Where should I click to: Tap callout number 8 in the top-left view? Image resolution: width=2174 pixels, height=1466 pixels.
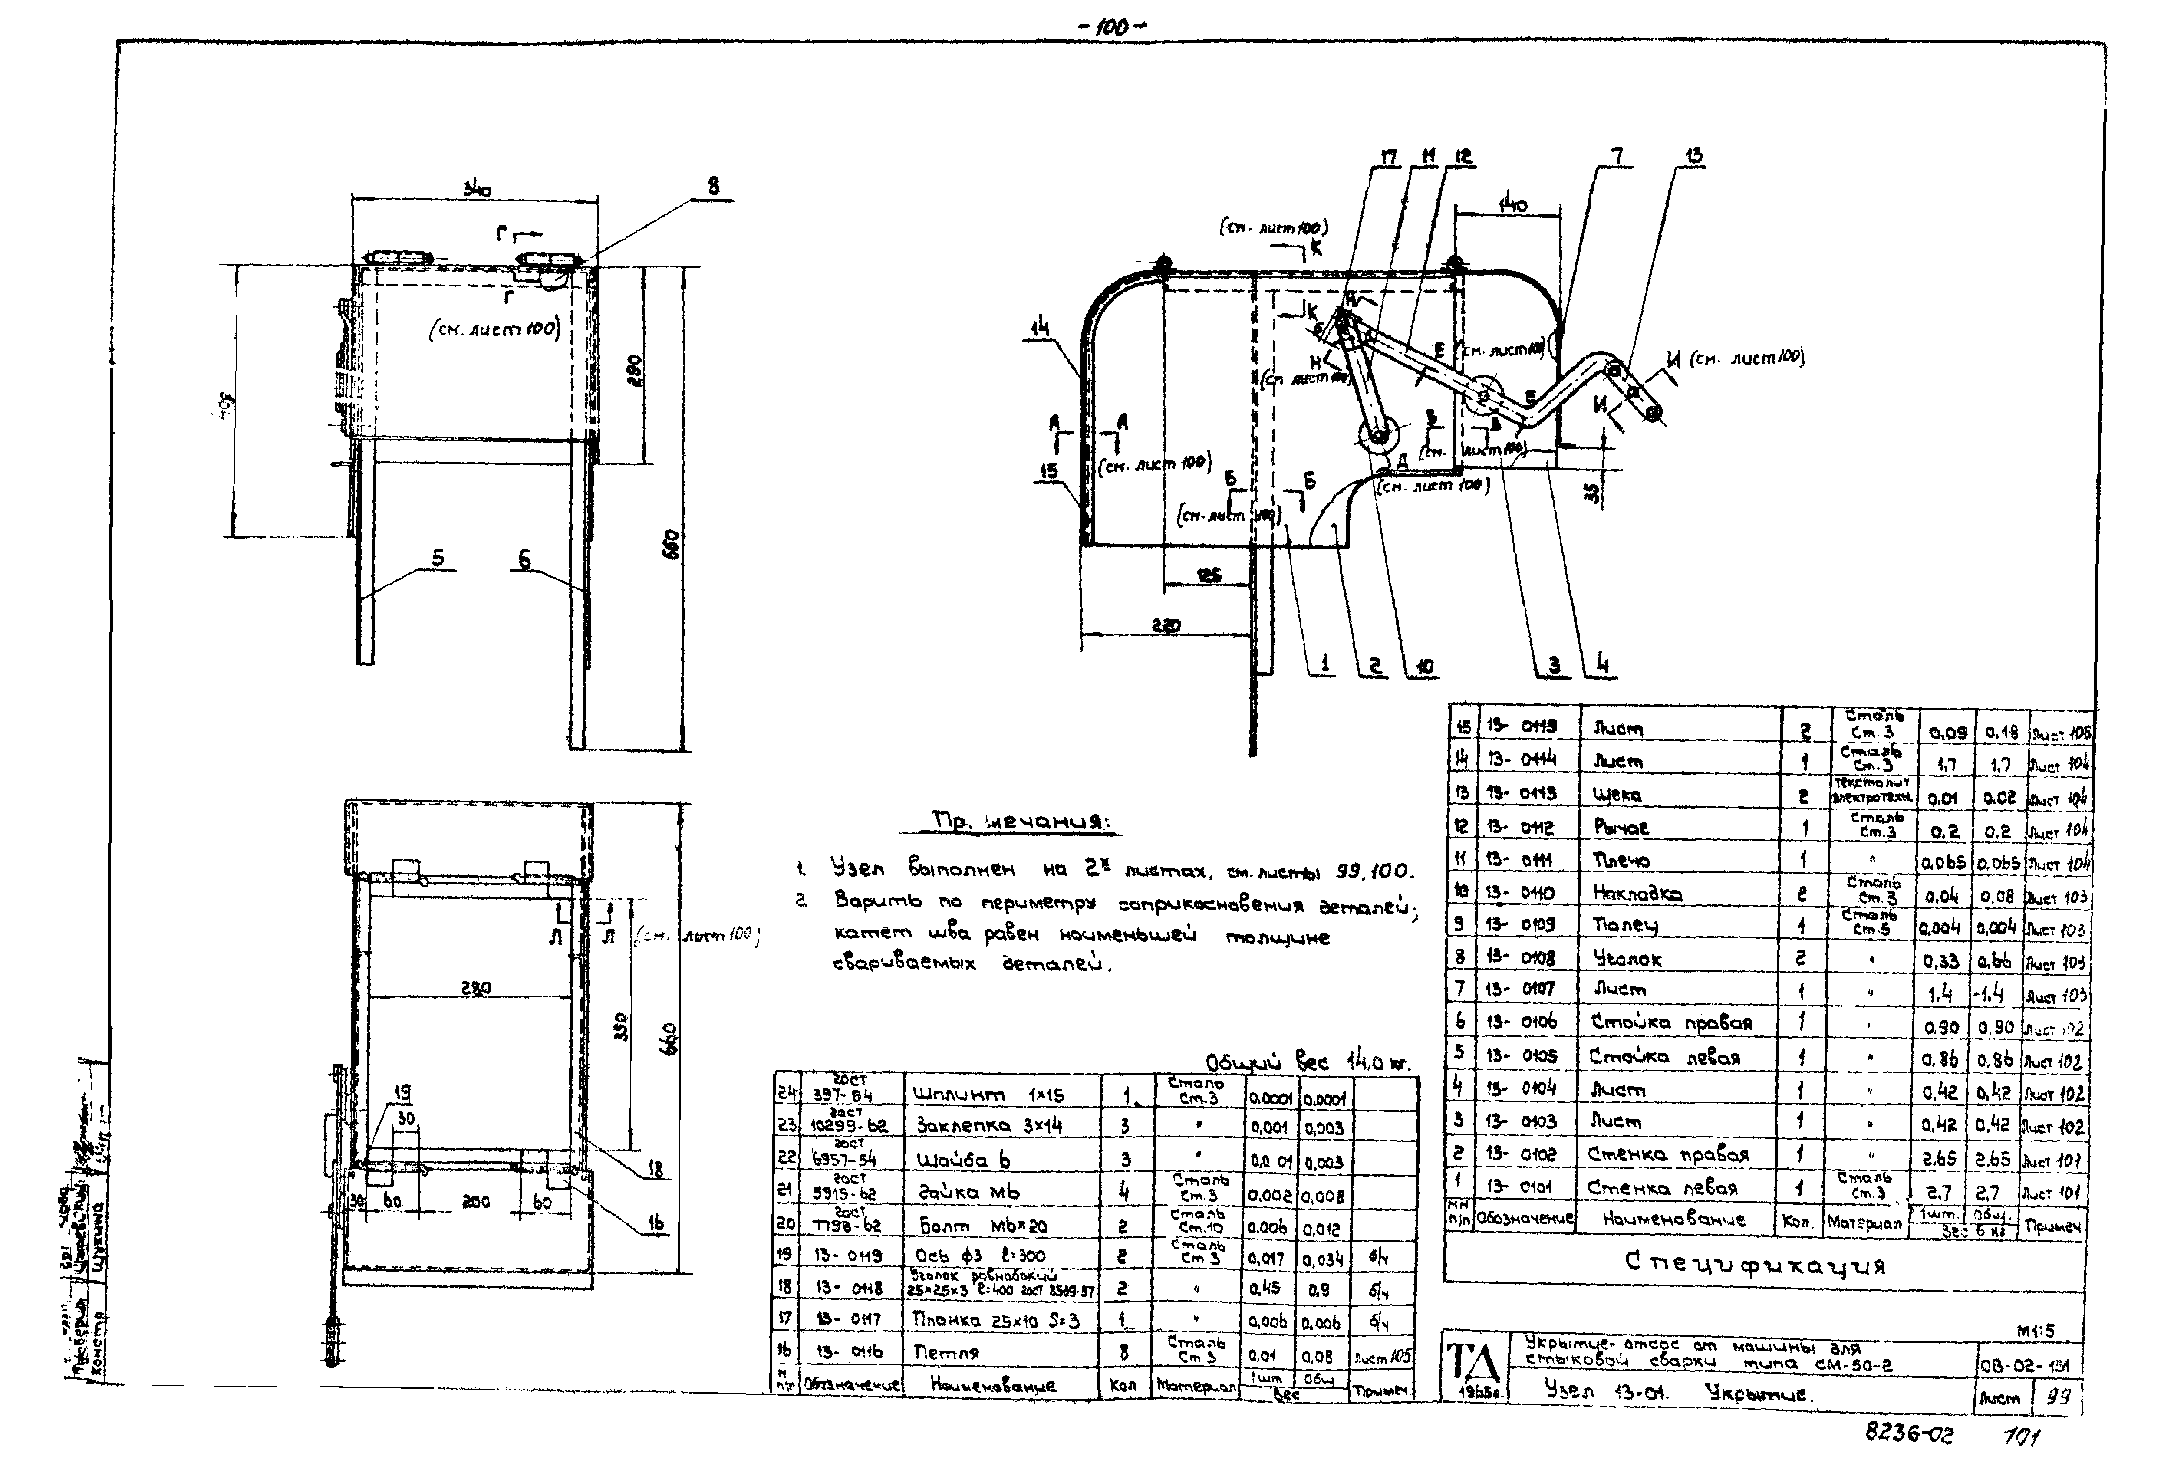(x=713, y=187)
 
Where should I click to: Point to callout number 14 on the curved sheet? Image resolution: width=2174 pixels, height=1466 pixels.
(x=1041, y=327)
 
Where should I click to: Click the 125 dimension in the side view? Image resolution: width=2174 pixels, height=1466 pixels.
(x=1208, y=575)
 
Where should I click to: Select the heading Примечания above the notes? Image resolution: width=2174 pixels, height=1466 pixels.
(x=1021, y=822)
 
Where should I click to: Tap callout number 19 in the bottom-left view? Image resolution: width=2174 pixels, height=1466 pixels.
(x=402, y=1091)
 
